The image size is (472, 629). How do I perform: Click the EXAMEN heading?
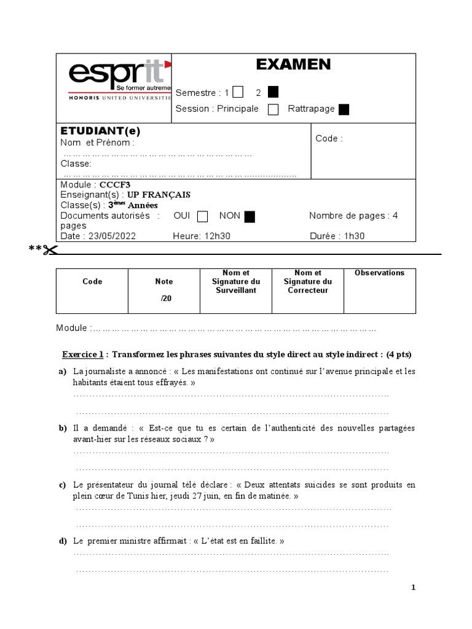[293, 64]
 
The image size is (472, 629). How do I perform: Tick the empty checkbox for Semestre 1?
[238, 92]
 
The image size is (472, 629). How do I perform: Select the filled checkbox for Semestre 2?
[273, 92]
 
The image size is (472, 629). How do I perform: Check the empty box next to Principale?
[274, 109]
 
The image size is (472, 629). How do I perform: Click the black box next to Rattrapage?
[344, 109]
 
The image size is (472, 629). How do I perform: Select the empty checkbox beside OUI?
[202, 216]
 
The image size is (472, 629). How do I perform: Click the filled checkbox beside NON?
[250, 216]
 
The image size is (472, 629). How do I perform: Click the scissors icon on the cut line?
[50, 249]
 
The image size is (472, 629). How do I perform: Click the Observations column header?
[379, 273]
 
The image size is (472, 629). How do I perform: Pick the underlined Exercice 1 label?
[83, 354]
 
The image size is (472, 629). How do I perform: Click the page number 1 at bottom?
[414, 588]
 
